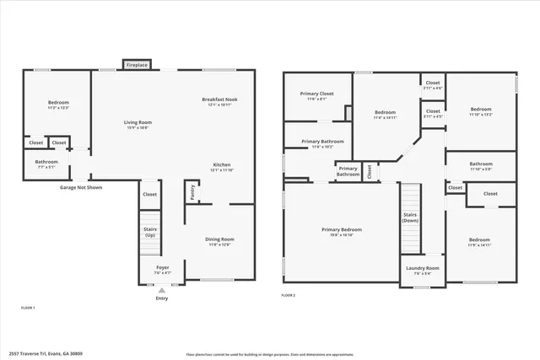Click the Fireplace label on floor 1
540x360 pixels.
coord(137,65)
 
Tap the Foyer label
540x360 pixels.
coord(162,270)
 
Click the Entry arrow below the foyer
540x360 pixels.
coord(162,290)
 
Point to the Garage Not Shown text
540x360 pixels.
coord(81,187)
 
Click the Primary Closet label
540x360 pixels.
coord(316,96)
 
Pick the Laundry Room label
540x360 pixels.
coord(422,270)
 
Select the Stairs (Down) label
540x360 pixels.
coord(409,217)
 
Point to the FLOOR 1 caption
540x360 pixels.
coord(28,309)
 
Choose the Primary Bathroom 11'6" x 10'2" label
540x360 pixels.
coord(322,143)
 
